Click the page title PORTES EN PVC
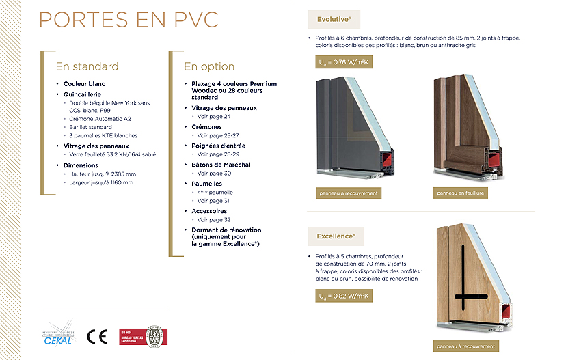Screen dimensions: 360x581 click(129, 19)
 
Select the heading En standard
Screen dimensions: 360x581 click(87, 66)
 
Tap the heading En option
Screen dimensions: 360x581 click(209, 66)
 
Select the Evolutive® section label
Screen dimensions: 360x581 click(334, 19)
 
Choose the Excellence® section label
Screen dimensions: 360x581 click(336, 236)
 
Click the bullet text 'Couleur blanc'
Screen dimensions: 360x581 click(84, 84)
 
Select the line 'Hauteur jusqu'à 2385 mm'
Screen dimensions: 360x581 click(103, 174)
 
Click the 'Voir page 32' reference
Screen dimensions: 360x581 click(214, 220)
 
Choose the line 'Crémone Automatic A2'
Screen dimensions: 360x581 click(100, 119)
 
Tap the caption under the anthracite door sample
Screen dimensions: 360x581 click(349, 193)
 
